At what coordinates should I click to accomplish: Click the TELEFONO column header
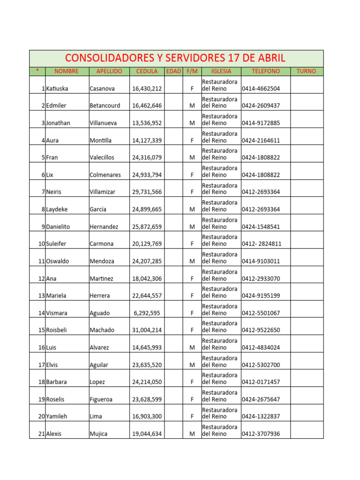click(x=265, y=71)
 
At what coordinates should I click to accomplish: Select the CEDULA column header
click(x=147, y=71)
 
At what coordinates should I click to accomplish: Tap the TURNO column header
click(x=307, y=71)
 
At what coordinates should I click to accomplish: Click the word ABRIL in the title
click(x=269, y=58)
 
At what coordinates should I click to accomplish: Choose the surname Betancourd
click(x=105, y=106)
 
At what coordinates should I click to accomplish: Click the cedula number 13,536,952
click(x=147, y=123)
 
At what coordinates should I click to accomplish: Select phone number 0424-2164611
click(x=261, y=140)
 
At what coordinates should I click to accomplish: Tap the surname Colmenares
click(x=105, y=175)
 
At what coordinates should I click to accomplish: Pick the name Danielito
click(x=58, y=227)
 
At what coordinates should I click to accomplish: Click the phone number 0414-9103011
click(x=261, y=261)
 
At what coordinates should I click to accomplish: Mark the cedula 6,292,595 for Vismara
click(x=148, y=313)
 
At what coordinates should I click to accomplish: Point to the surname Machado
click(x=102, y=330)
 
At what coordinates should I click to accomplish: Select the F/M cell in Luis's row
click(x=192, y=347)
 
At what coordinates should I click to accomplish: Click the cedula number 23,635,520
click(x=147, y=365)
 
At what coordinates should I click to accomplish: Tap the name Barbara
click(x=57, y=382)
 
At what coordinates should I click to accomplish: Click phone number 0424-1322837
click(x=261, y=416)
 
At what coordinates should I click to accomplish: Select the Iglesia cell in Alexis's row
click(x=220, y=430)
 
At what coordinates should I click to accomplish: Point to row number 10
click(x=41, y=244)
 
